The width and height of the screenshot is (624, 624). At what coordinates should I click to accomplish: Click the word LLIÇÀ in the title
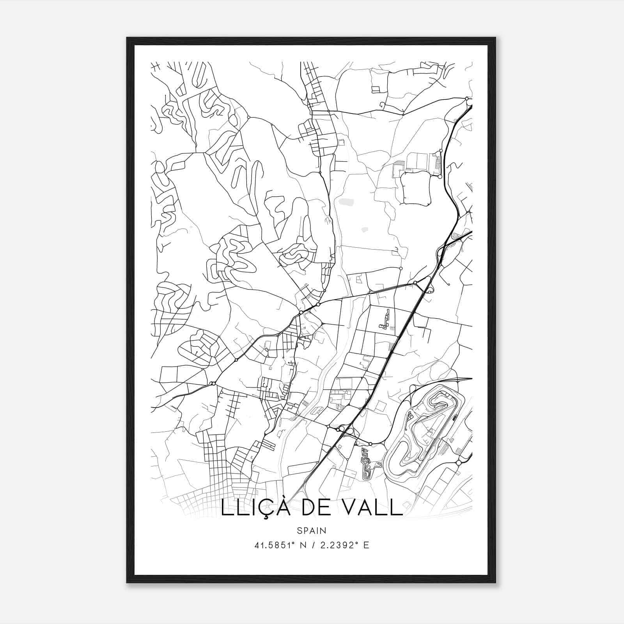click(x=255, y=508)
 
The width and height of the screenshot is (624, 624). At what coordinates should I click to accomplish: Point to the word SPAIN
click(x=311, y=530)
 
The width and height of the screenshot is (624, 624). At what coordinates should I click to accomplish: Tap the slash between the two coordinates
click(x=312, y=545)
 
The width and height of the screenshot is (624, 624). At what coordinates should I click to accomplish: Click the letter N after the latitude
click(x=301, y=545)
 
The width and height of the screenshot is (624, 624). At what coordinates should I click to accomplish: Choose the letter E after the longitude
click(x=366, y=545)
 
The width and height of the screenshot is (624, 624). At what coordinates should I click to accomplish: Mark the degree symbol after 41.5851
click(x=292, y=543)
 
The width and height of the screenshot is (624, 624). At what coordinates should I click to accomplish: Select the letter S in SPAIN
click(x=299, y=530)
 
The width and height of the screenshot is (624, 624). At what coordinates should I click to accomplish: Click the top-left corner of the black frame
click(x=127, y=38)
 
